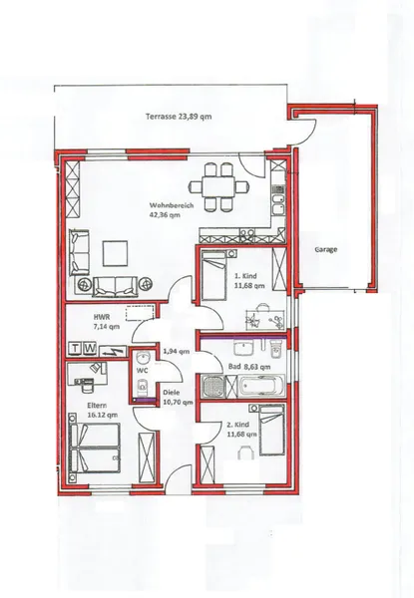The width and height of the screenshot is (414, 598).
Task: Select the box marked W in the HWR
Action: pyautogui.click(x=91, y=349)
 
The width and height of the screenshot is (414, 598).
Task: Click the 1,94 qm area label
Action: pyautogui.click(x=176, y=353)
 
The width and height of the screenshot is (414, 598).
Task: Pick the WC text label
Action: pyautogui.click(x=142, y=370)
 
